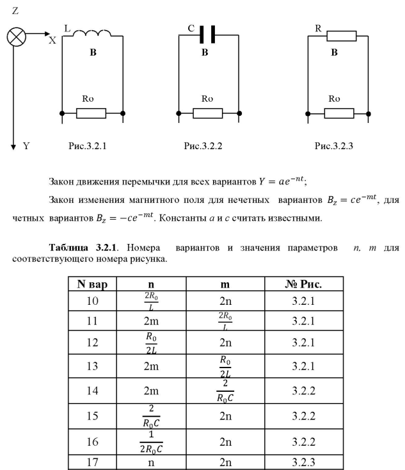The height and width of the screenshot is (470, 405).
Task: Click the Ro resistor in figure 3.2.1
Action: tap(91, 113)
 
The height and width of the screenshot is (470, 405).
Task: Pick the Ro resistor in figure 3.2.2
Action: tap(207, 113)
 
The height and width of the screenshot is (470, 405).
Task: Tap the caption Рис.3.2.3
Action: tap(334, 147)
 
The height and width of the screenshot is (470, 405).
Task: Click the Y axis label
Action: tap(26, 147)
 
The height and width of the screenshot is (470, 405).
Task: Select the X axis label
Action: tap(52, 40)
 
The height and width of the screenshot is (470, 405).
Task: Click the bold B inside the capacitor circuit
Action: tap(205, 53)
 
